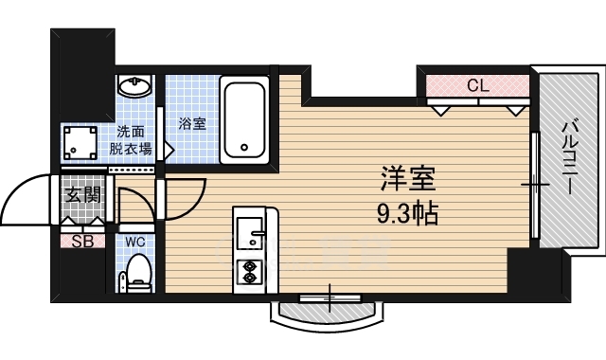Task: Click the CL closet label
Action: click(x=477, y=85)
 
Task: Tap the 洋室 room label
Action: click(x=408, y=178)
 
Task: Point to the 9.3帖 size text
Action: click(x=407, y=214)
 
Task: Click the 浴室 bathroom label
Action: click(x=192, y=124)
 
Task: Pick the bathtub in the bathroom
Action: click(x=244, y=119)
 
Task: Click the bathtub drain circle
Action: click(x=244, y=147)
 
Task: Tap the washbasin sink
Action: click(x=134, y=85)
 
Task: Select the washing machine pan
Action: click(x=80, y=143)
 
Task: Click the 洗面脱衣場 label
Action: click(x=131, y=140)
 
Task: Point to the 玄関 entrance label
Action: click(x=82, y=195)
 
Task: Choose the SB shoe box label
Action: click(x=83, y=242)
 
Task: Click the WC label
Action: click(x=134, y=243)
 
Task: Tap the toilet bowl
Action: click(x=136, y=272)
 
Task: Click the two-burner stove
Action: click(x=249, y=272)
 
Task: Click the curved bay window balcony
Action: click(x=327, y=315)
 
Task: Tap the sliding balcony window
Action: click(x=535, y=185)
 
